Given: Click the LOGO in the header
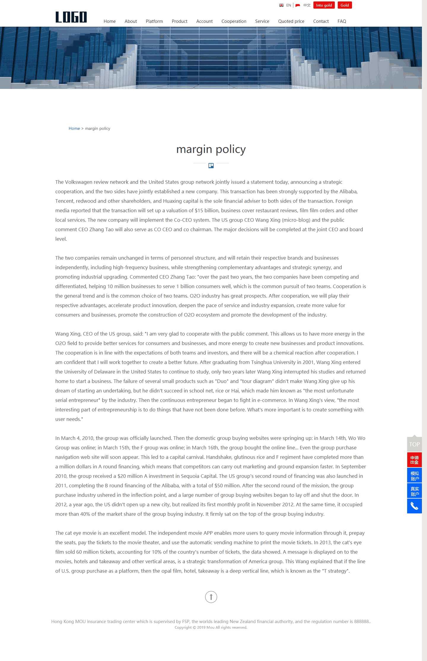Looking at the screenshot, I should coord(71,17).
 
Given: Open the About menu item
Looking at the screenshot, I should coord(131,21).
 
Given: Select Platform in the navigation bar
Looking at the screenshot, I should coord(154,21).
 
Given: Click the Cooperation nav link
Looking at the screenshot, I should coord(234,21).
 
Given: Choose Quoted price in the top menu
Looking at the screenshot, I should coord(291,21).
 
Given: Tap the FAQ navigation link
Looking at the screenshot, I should coord(342,21).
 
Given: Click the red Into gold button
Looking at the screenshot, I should coord(324,5).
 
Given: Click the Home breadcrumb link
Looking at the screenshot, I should coord(74,128).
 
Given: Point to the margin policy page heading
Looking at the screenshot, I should coord(211,149).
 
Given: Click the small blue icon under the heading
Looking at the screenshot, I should coord(211,165).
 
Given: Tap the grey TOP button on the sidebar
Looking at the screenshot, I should coord(414,444).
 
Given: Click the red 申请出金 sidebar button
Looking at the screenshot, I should coord(414,460).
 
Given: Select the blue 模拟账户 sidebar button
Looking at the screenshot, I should coord(414,476).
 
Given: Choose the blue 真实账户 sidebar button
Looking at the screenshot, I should coord(414,491).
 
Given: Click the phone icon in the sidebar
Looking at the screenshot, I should coord(414,506).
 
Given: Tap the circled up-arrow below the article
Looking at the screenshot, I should coord(211,597).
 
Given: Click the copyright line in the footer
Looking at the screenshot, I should coord(211,628).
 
